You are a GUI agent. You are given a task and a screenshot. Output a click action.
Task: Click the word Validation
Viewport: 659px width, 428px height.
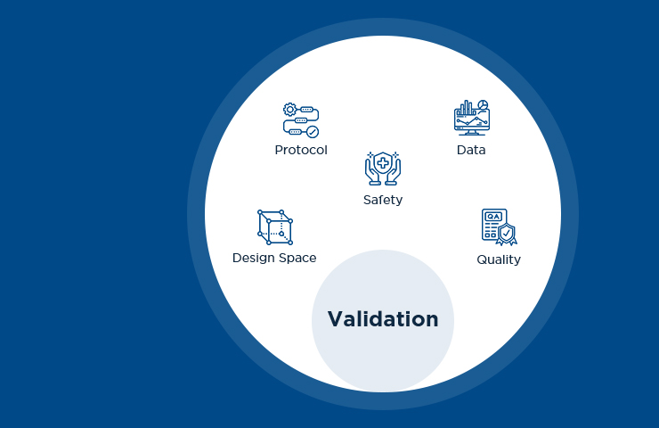(x=383, y=319)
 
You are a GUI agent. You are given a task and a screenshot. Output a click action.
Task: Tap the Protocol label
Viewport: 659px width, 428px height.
(x=301, y=150)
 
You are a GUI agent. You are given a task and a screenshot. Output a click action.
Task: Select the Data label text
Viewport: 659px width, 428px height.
(x=471, y=150)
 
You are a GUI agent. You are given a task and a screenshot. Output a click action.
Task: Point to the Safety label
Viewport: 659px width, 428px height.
(x=383, y=200)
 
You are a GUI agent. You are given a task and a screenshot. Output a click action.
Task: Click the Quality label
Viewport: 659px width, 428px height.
(x=499, y=259)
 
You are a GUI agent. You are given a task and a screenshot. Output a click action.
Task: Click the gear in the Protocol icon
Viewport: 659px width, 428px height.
(x=289, y=109)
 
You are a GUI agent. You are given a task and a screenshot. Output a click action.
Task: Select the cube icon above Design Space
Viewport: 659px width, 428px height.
(x=274, y=228)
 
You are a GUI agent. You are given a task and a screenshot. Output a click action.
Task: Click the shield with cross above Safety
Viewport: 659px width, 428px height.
(x=383, y=162)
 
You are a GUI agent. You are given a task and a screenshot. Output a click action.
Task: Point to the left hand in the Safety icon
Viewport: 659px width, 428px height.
(x=370, y=171)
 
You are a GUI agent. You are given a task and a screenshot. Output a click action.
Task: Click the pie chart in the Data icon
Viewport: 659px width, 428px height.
(x=483, y=104)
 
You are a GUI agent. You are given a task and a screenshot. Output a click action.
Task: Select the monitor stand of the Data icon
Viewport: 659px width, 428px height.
(x=471, y=132)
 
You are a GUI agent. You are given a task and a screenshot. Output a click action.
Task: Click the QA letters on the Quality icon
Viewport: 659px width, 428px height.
(x=493, y=217)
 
